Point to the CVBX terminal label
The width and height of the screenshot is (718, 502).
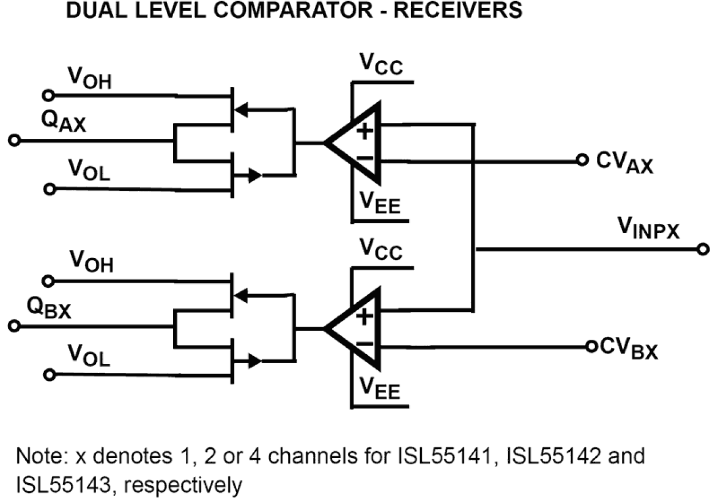tap(629, 348)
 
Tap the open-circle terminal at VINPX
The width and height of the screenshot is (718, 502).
tap(703, 250)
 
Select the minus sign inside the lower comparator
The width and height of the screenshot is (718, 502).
tap(365, 344)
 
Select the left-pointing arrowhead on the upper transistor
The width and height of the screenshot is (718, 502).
tap(243, 109)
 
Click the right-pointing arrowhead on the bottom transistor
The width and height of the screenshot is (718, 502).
tap(255, 361)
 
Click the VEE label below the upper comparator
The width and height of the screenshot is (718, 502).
tap(379, 202)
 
